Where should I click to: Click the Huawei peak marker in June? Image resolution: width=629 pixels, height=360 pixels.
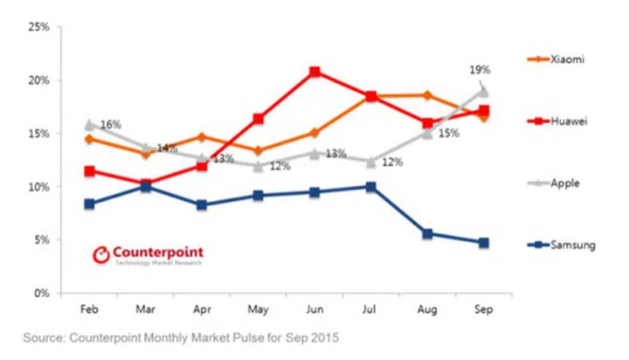315,72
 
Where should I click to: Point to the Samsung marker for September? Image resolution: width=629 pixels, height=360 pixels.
483,243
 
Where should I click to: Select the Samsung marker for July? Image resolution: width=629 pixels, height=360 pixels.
371,187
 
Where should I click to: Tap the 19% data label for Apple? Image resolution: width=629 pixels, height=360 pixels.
480,69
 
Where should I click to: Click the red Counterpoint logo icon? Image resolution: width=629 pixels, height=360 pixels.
102,255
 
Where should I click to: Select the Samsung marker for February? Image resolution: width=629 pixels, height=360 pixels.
90,204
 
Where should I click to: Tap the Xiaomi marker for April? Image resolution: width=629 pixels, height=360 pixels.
203,137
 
